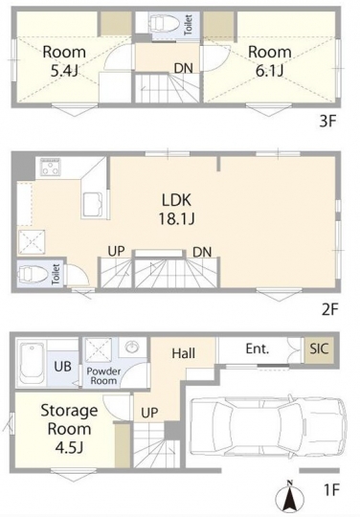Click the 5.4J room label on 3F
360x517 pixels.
point(64,61)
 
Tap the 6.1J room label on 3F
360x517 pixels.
point(270,61)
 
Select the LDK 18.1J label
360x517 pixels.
point(176,210)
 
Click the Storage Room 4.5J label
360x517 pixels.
point(69,429)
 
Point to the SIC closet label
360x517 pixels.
point(319,348)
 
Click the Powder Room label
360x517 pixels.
point(103,376)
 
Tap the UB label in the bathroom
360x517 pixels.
point(62,366)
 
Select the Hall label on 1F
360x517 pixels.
point(184,353)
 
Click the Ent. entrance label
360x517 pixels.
point(258,348)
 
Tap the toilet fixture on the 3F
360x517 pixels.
point(164,23)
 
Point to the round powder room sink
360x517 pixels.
point(133,347)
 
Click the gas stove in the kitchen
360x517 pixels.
point(50,168)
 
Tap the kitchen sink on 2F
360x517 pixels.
point(92,205)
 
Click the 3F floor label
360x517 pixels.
point(327,122)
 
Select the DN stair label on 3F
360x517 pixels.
point(184,68)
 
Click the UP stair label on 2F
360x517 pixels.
point(117,252)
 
